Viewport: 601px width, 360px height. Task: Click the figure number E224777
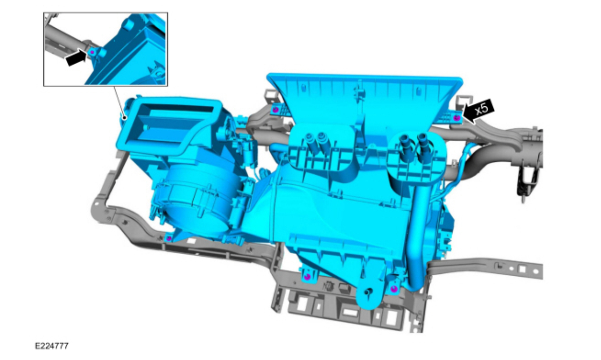[x=52, y=346]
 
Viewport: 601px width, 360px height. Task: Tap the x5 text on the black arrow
[x=481, y=109]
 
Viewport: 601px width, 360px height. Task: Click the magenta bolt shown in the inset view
[x=92, y=52]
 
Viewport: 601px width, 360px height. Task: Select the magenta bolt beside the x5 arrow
[x=457, y=117]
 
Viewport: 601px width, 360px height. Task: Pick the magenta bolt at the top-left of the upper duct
[x=275, y=109]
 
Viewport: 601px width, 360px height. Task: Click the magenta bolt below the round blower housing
[x=169, y=238]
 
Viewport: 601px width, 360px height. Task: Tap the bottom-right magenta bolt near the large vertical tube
[x=393, y=289]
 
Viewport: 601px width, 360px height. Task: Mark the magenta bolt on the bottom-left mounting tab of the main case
[x=308, y=276]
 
